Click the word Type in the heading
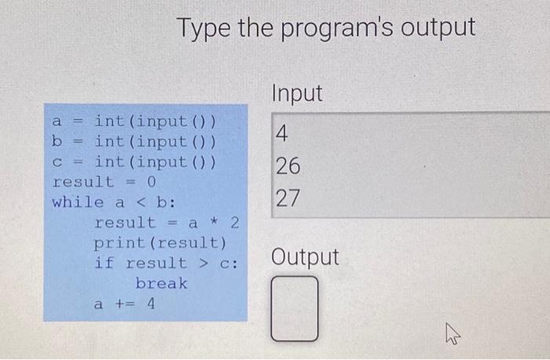[204, 28]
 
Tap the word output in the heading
[438, 28]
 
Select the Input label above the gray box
[297, 94]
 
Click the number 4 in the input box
[281, 134]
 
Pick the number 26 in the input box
[288, 166]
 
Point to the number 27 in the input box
[288, 198]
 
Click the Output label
[305, 257]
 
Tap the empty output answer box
[295, 309]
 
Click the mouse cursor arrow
[452, 334]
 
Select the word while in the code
[78, 203]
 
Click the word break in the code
[161, 283]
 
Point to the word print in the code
[119, 243]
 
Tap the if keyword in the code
[104, 263]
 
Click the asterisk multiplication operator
[214, 222]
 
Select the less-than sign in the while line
[141, 203]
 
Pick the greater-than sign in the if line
[203, 263]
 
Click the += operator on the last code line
[125, 303]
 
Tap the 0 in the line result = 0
[151, 182]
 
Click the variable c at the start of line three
[57, 162]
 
